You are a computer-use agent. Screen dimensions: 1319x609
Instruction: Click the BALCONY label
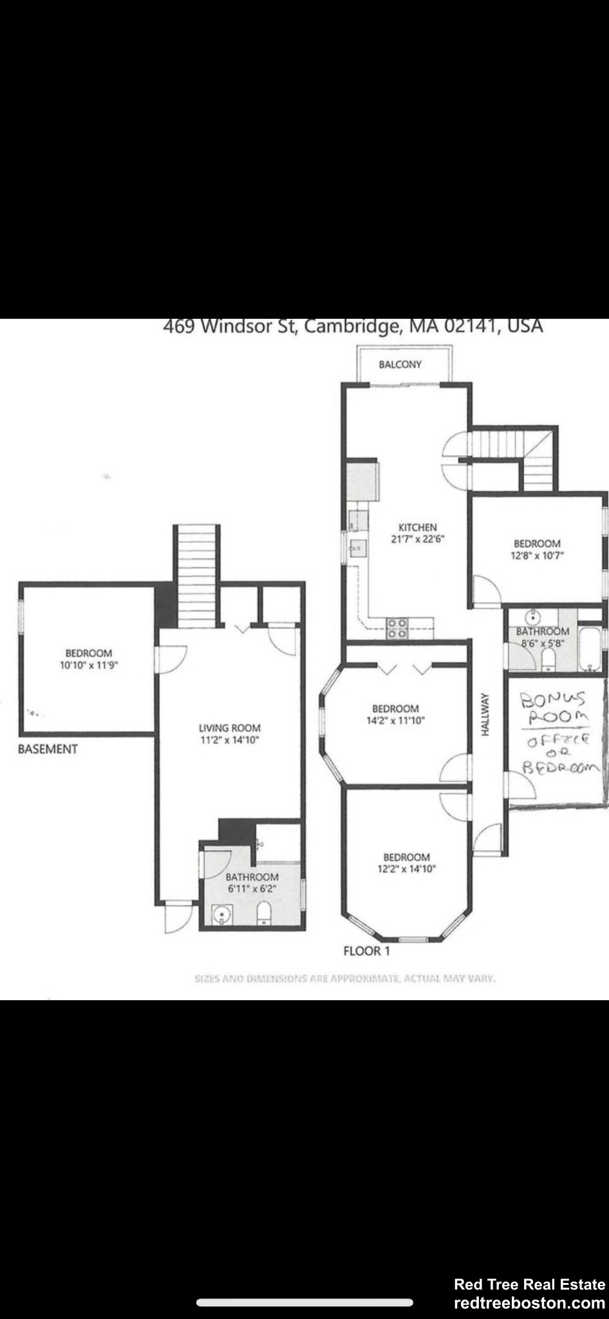pos(400,365)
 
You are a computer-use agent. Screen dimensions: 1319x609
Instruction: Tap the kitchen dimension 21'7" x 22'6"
pos(418,540)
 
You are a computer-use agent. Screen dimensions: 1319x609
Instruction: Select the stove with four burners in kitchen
pos(397,628)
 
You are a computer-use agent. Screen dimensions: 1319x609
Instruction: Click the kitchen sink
pos(357,548)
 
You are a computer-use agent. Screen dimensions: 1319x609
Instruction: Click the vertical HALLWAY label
pos(485,714)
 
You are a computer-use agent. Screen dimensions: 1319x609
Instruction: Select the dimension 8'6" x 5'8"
pos(542,642)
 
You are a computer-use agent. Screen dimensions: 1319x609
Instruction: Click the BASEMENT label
pos(48,749)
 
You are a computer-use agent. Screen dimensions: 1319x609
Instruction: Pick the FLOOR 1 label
pos(366,951)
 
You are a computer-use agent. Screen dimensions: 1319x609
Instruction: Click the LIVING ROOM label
pos(229,728)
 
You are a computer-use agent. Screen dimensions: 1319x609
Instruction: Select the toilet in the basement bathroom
pos(263,913)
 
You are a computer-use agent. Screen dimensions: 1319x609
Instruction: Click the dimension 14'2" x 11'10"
pos(395,721)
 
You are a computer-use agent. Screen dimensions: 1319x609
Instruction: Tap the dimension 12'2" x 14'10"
pos(406,869)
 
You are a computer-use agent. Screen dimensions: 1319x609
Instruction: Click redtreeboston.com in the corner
pos(529,1303)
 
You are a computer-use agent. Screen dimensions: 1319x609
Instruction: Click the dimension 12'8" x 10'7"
pos(537,555)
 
